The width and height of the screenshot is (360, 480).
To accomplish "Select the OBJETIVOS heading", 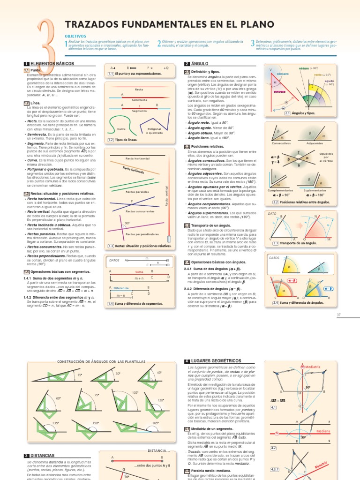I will tap(75, 36).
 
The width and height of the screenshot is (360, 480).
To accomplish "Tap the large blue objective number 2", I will tap(159, 44).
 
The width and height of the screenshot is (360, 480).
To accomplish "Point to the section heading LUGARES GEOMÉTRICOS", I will tap(215, 361).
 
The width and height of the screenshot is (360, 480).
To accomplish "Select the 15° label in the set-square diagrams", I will tap(80, 375).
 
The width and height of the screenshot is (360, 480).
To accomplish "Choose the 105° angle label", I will tap(135, 392).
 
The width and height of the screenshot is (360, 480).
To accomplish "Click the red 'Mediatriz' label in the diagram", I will tap(312, 366).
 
